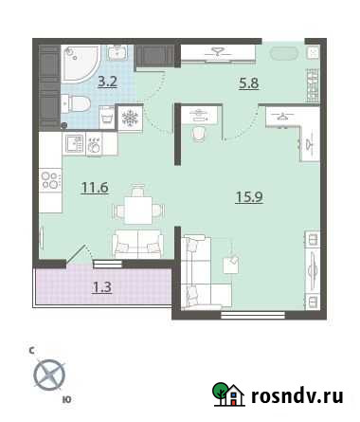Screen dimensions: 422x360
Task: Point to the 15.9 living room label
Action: [250, 197]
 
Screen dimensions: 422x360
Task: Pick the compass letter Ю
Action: [65, 401]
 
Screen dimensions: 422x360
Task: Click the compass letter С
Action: [32, 351]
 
